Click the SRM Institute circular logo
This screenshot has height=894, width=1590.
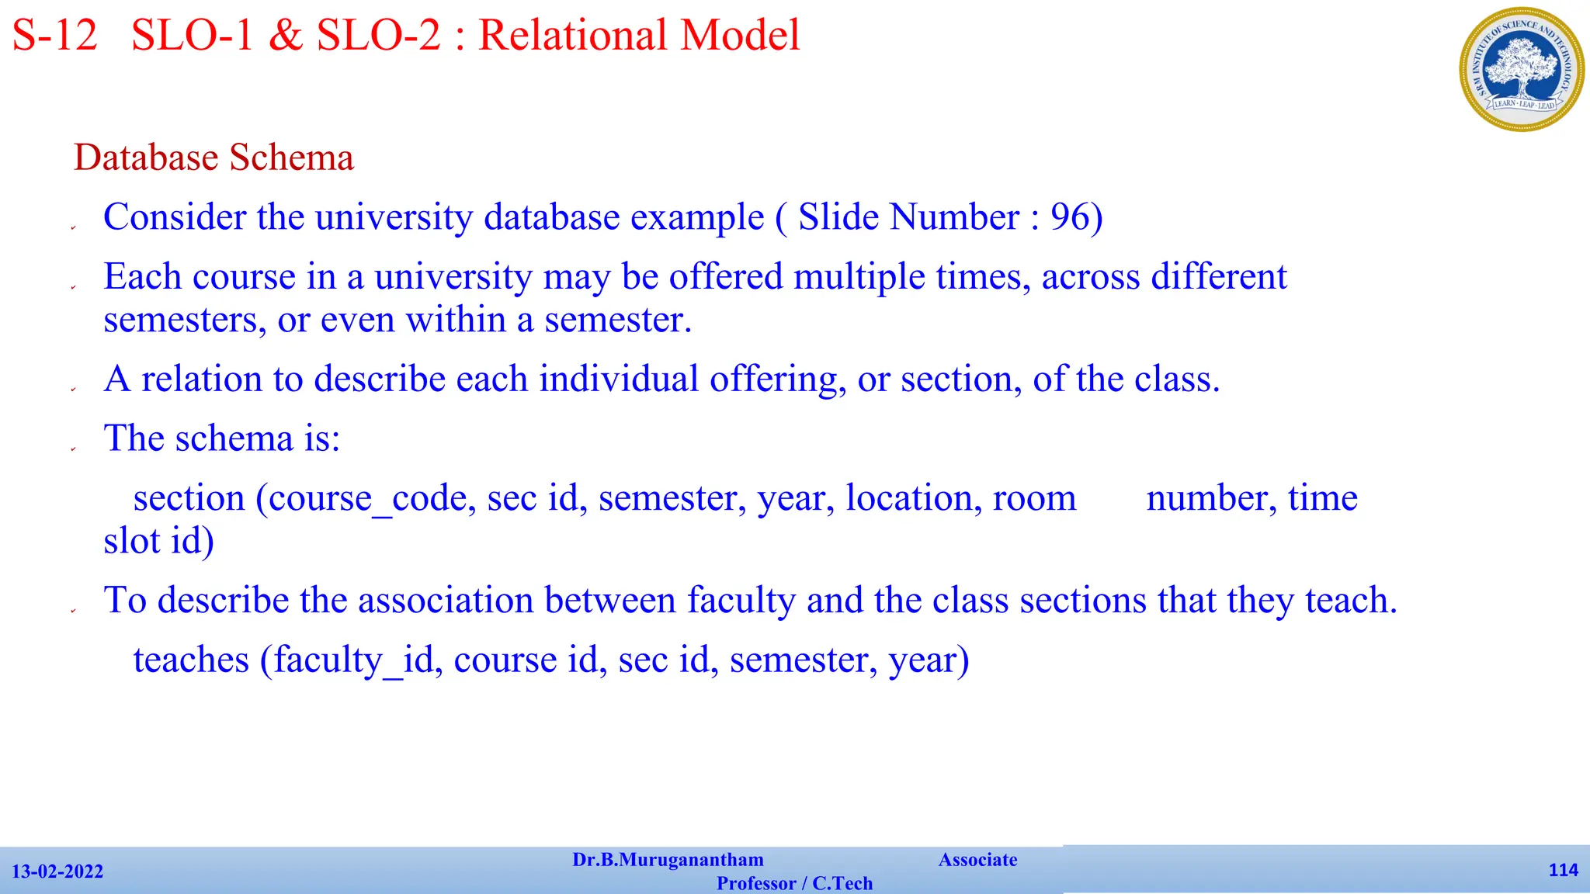(x=1521, y=69)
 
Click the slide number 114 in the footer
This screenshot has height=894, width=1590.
(x=1563, y=870)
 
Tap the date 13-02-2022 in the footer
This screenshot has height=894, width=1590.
(x=57, y=871)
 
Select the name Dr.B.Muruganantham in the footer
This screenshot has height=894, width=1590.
(x=668, y=860)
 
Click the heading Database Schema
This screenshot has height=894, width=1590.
(x=214, y=158)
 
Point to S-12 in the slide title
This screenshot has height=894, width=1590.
(x=55, y=36)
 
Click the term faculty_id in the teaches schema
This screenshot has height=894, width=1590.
(x=353, y=660)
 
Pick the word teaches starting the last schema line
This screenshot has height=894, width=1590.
(x=191, y=660)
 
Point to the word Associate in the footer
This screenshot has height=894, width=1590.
(x=977, y=860)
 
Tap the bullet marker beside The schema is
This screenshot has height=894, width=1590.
(x=73, y=449)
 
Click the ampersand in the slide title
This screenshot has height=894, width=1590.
(x=286, y=36)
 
